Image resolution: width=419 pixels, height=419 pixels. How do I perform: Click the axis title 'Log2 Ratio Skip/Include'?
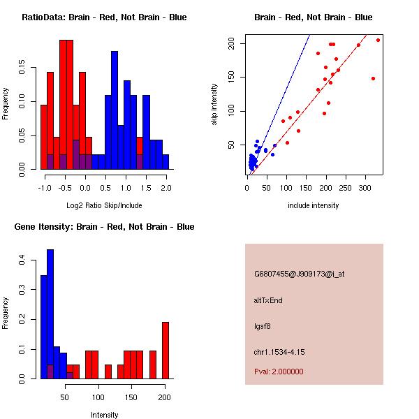click(x=104, y=205)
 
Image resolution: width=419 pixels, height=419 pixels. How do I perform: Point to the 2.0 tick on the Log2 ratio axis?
click(x=166, y=188)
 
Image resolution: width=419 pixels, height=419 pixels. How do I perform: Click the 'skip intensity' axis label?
click(x=214, y=105)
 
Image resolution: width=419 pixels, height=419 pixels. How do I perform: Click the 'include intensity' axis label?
click(x=313, y=205)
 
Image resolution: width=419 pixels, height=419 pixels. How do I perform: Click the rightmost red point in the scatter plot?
click(x=378, y=40)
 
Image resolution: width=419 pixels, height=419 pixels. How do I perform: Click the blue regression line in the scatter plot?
click(x=286, y=91)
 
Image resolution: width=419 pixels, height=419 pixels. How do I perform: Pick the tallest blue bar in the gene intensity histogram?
click(x=50, y=314)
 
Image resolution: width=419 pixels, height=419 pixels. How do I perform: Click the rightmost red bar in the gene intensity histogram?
click(x=166, y=350)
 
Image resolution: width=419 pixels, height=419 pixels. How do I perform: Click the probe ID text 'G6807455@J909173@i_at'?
click(x=299, y=274)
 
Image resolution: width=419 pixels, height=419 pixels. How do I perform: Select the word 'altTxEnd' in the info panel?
click(x=268, y=300)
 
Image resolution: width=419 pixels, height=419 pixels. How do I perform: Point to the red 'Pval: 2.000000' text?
click(x=279, y=372)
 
